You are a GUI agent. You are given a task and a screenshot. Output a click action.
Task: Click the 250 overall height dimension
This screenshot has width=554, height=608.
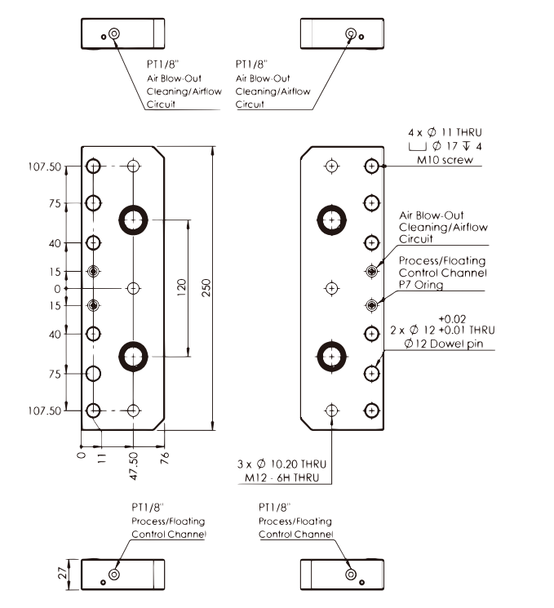click(x=205, y=286)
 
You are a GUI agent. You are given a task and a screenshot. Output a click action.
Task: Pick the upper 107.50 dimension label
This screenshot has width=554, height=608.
click(x=45, y=166)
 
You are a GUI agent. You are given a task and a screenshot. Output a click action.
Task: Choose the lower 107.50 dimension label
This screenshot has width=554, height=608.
click(x=45, y=411)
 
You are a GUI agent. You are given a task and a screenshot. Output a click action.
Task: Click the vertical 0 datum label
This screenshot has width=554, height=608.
click(x=57, y=289)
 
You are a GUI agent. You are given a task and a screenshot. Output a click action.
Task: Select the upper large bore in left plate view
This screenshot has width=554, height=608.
click(x=133, y=218)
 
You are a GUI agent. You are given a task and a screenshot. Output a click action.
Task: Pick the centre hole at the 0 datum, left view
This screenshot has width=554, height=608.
click(x=133, y=288)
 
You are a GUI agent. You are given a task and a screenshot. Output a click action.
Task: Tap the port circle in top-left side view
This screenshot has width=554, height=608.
click(x=113, y=34)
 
